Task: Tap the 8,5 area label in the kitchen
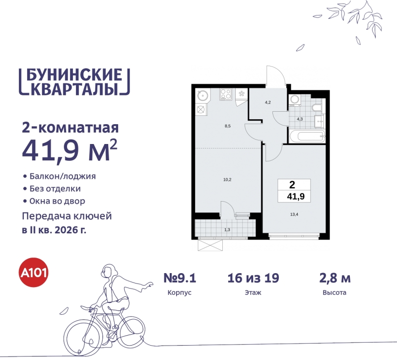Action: tap(228, 126)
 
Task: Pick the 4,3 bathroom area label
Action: tap(300, 119)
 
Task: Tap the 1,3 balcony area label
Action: tap(227, 229)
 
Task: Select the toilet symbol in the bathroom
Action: tap(316, 107)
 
